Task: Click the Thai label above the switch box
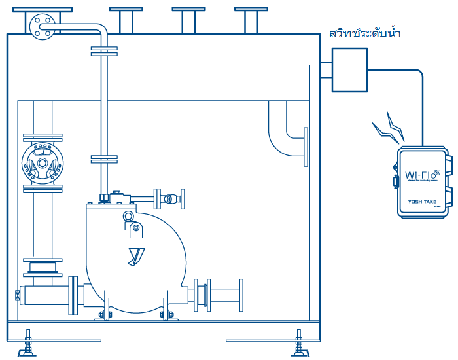click(x=364, y=33)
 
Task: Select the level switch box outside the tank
click(x=350, y=69)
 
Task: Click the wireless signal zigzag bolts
click(x=391, y=129)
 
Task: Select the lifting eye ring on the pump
click(x=129, y=216)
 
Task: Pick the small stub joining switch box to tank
click(x=325, y=69)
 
